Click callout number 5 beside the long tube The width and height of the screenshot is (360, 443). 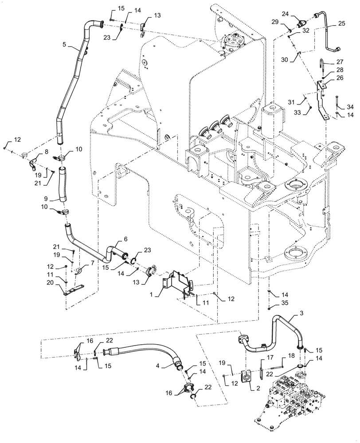click(x=64, y=44)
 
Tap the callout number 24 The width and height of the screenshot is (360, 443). click(x=286, y=14)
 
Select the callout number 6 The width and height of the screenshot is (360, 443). click(x=125, y=239)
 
